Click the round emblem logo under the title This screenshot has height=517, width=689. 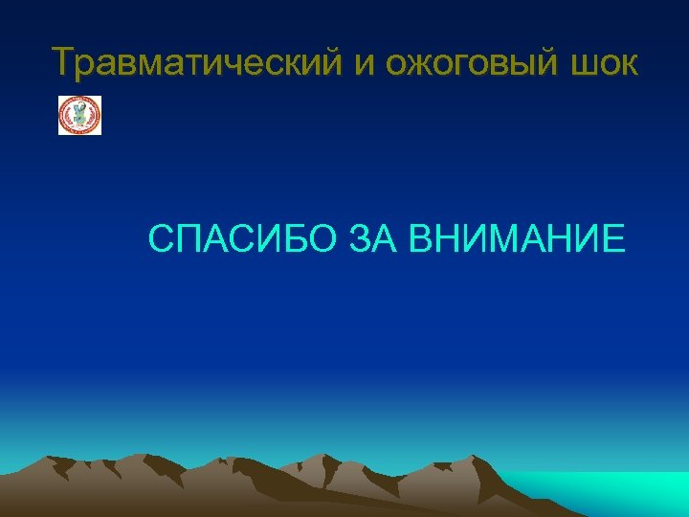coord(79,115)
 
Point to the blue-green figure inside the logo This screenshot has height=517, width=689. coord(79,115)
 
